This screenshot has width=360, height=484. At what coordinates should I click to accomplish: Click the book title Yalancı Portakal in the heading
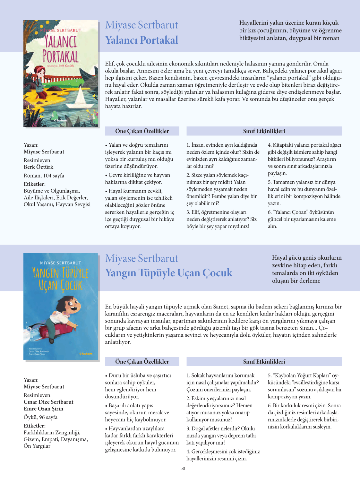pos(141,40)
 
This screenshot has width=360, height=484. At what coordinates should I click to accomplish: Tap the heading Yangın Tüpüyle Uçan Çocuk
pos(169,273)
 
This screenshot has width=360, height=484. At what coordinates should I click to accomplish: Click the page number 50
pos(183,468)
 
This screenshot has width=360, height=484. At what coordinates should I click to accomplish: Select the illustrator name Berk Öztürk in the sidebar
pos(39,167)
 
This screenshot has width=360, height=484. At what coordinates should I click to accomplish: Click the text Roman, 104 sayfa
pos(44,176)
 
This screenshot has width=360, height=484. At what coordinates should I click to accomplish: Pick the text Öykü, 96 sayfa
pos(40,417)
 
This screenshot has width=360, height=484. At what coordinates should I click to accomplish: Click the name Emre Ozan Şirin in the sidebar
pos(43,409)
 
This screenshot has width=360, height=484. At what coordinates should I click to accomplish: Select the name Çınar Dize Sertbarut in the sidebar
pos(48,402)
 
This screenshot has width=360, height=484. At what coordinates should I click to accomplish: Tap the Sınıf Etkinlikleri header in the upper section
pos(264,131)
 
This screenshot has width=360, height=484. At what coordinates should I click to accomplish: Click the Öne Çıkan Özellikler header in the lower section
pos(142,361)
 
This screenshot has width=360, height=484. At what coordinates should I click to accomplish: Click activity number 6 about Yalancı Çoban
pos(302,219)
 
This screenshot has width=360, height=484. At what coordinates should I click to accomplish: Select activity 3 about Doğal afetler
pos(222,436)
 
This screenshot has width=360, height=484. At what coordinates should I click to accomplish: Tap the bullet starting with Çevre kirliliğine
pos(138,178)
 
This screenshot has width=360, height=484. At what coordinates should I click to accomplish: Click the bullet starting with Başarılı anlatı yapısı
pos(137,412)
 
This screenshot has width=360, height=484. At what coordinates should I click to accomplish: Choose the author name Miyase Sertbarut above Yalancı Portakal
pos(141,25)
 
